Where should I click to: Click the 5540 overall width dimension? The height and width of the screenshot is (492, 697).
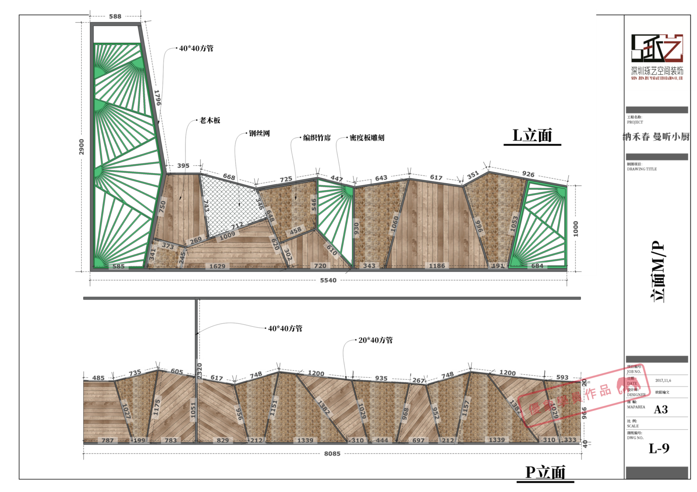(328, 280)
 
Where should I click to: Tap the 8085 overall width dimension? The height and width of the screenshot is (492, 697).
(332, 453)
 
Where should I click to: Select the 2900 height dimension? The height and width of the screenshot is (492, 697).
(82, 147)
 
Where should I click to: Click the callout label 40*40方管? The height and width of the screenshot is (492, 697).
(196, 48)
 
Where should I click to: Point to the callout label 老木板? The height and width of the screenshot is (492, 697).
(210, 120)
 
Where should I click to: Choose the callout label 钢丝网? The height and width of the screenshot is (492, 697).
(259, 134)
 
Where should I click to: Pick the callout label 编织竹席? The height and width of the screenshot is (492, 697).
(317, 138)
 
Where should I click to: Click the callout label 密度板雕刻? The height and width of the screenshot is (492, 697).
(367, 138)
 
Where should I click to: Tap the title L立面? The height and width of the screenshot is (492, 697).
(532, 136)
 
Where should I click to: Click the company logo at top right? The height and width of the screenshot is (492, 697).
(657, 53)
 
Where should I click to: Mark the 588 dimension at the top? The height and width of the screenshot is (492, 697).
(115, 16)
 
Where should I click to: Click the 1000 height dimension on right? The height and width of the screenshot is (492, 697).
(576, 229)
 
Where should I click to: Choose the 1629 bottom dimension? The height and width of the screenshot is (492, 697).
(217, 266)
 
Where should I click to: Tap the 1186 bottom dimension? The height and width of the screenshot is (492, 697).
(437, 266)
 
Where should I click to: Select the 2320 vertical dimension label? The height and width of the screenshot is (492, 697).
(200, 368)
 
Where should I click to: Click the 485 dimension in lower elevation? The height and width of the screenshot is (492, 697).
(99, 378)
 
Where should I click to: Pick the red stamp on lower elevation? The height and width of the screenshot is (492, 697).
(585, 396)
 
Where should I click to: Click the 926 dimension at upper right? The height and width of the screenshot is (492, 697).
(528, 174)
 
